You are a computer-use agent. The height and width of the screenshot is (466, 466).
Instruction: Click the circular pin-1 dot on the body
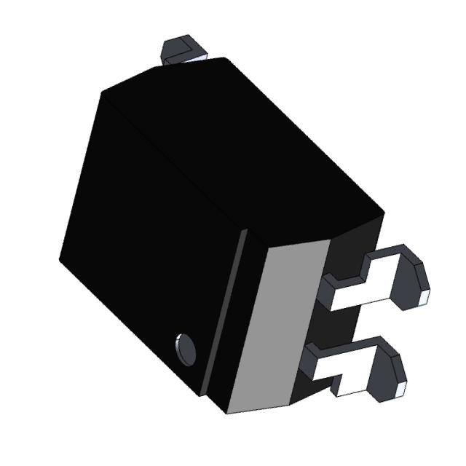186,349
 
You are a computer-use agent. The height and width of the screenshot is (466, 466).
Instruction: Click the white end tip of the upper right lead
423,296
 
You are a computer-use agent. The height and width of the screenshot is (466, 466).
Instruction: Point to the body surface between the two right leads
342,320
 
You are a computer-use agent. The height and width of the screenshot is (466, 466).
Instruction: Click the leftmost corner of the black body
60,256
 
